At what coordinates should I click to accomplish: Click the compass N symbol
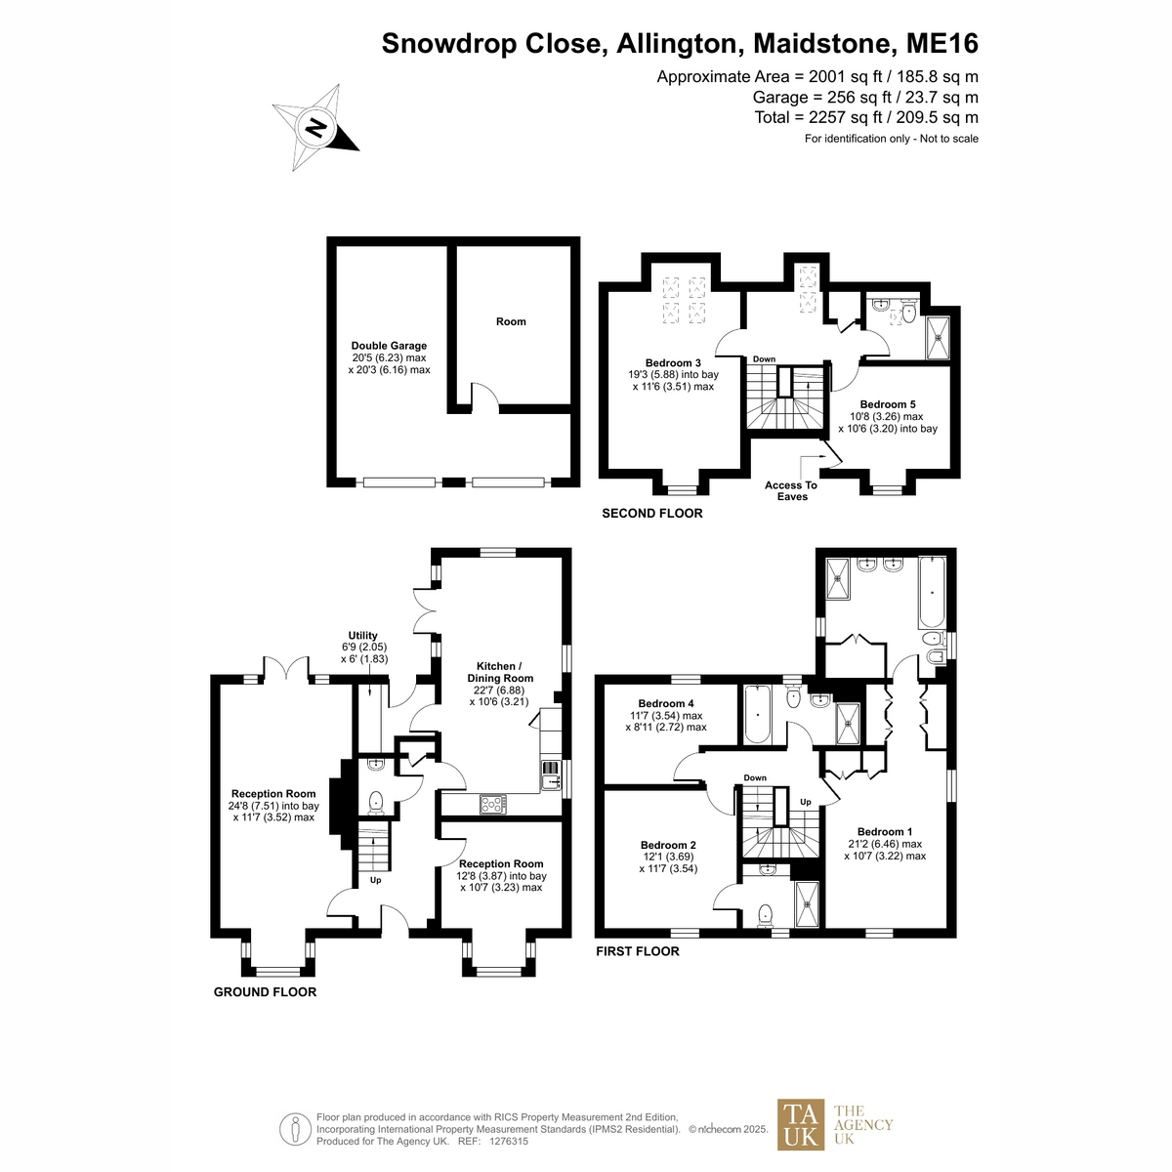(315, 128)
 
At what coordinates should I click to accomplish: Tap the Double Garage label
(389, 346)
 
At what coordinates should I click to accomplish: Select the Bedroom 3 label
(673, 363)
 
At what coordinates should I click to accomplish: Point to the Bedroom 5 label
(887, 404)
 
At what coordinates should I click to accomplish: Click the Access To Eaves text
(791, 491)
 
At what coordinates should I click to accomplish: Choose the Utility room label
(362, 636)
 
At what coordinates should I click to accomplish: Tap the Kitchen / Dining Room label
(500, 672)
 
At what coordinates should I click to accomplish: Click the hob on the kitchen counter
(492, 805)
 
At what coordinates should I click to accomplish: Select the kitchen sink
(550, 775)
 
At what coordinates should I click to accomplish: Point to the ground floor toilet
(376, 802)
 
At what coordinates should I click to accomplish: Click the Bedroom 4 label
(666, 703)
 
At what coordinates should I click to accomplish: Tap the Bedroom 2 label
(668, 845)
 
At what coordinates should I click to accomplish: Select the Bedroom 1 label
(884, 831)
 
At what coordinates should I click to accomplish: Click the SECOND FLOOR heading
(652, 514)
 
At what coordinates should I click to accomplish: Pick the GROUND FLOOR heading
(265, 992)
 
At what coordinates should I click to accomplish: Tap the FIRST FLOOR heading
(638, 951)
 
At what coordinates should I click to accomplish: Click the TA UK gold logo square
(801, 1133)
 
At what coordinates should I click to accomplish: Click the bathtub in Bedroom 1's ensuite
(931, 593)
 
